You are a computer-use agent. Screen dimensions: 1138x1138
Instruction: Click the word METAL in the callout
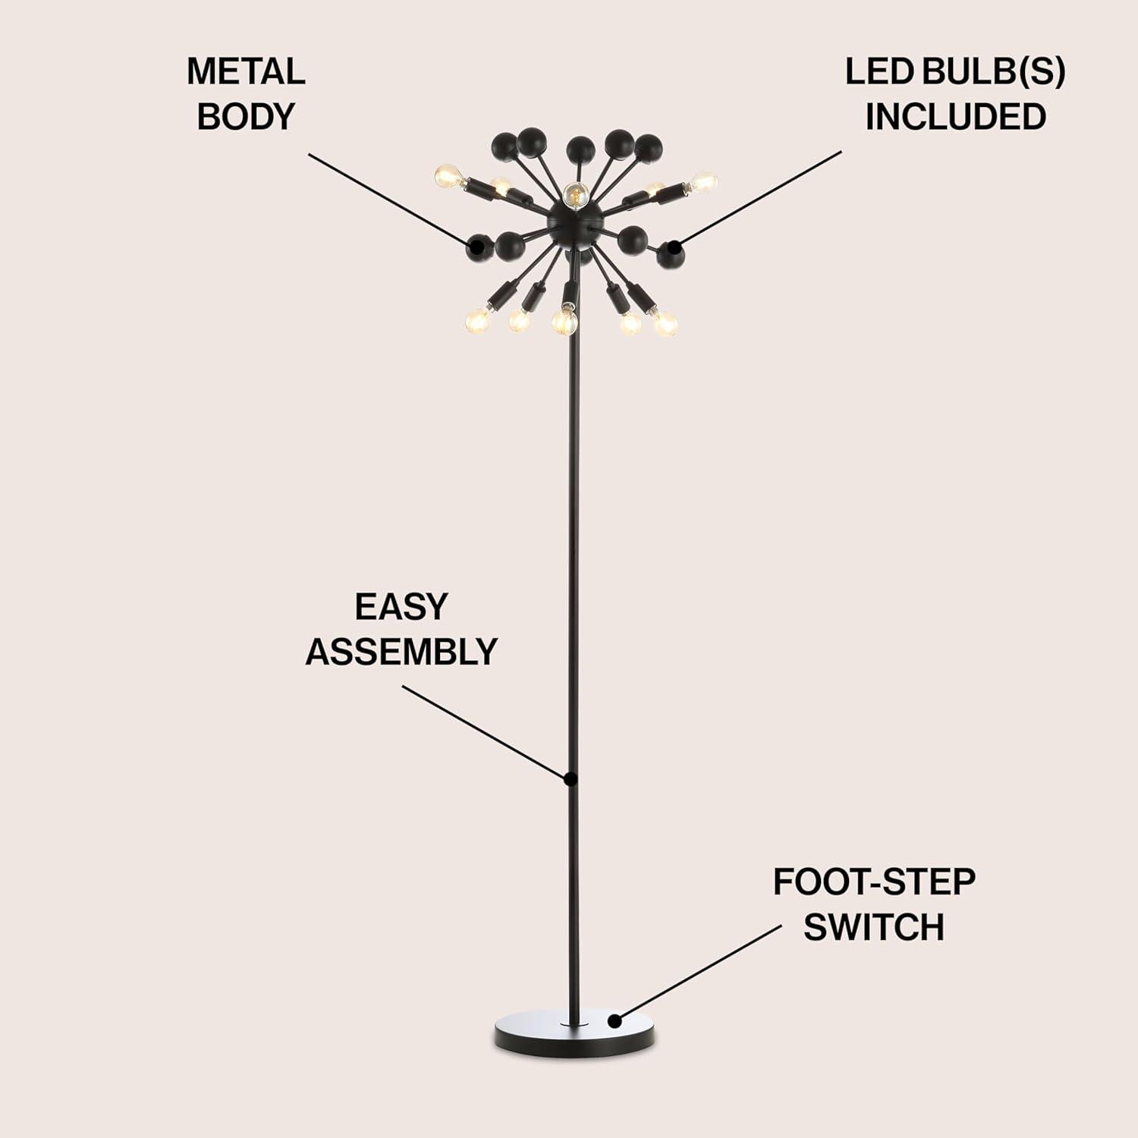(x=246, y=72)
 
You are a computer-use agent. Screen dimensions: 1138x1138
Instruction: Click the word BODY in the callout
(x=246, y=117)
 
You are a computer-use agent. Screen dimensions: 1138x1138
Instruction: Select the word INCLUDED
(x=956, y=117)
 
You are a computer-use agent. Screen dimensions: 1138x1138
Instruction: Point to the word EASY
(x=401, y=607)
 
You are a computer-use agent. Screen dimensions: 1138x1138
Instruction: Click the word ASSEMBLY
(x=401, y=652)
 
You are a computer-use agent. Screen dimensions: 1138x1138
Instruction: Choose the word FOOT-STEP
(x=874, y=882)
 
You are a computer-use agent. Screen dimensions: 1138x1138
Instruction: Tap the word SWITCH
(x=874, y=927)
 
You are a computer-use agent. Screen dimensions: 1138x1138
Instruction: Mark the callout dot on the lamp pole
(x=571, y=779)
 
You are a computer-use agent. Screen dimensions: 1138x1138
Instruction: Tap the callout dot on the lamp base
(x=615, y=1021)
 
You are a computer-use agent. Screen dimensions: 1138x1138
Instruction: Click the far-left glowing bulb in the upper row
(x=448, y=177)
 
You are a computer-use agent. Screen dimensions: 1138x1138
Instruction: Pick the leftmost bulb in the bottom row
(x=477, y=321)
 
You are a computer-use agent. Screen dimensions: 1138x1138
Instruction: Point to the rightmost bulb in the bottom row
(x=665, y=322)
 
